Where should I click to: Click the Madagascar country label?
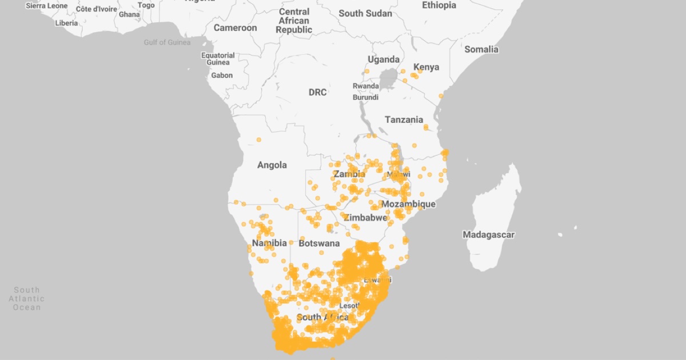489,235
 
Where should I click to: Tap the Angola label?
272,165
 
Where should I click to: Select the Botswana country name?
319,243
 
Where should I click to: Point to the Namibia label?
269,243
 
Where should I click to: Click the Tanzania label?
404,120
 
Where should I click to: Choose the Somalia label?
481,50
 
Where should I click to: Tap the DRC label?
318,93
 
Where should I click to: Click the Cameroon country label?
235,28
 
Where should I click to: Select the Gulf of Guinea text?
167,43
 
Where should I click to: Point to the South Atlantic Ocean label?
27,299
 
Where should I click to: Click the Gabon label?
222,75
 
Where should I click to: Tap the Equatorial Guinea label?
218,59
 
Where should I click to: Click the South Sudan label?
365,13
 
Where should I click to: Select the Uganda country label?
384,59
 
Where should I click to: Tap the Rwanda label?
365,86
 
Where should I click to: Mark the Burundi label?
365,97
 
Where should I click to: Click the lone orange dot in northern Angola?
258,139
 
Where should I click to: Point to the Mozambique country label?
408,204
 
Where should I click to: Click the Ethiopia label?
439,5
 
